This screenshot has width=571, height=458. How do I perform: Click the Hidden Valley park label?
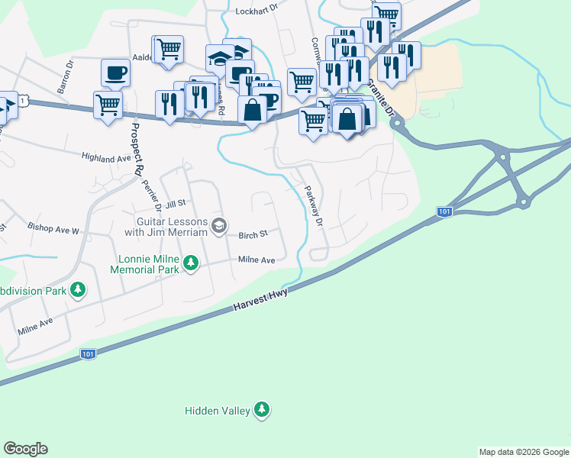[x=218, y=411]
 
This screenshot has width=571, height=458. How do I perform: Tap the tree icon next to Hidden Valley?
[x=263, y=410]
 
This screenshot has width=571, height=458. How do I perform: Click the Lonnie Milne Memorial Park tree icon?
[x=191, y=264]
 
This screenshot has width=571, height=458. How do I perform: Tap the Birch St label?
[x=253, y=235]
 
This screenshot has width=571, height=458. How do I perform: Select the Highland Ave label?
[x=107, y=158]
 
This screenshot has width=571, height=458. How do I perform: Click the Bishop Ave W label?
[x=53, y=228]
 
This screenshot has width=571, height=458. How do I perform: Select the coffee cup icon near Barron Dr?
[x=115, y=73]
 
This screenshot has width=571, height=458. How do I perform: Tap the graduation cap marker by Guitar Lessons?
[x=219, y=224]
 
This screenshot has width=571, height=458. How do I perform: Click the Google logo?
[x=25, y=449]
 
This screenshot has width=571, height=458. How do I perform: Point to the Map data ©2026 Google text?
[x=524, y=452]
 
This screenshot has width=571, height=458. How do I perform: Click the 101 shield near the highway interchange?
[x=445, y=211]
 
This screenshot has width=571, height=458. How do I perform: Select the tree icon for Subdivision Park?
[x=77, y=290]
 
